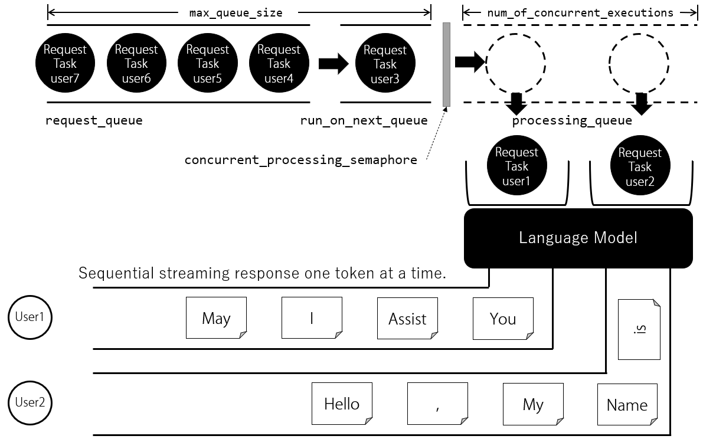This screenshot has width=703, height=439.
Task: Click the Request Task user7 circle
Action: click(x=65, y=63)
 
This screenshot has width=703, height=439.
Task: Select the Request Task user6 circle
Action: click(x=136, y=63)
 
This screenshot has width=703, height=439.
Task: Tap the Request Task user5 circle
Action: click(x=208, y=63)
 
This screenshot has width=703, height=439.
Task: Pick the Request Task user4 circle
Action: click(x=279, y=63)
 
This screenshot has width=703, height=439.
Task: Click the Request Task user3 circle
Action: click(x=385, y=63)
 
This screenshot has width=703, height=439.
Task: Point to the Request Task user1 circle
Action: click(x=516, y=166)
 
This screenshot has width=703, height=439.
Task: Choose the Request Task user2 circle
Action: click(x=640, y=166)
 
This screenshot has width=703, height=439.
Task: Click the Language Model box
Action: click(x=578, y=238)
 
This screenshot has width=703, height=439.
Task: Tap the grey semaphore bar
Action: click(x=446, y=64)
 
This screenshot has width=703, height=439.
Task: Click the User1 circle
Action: click(x=30, y=317)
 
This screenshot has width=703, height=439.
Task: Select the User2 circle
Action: click(x=30, y=403)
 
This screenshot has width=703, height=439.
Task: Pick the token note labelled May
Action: click(x=216, y=317)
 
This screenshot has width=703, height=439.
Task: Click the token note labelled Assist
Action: click(x=407, y=318)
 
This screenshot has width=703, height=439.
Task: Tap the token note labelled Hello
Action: click(x=342, y=403)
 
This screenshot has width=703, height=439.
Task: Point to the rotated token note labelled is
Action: click(x=639, y=329)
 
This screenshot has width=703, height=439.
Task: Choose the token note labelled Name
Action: click(x=627, y=404)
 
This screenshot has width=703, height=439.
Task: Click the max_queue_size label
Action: click(x=236, y=13)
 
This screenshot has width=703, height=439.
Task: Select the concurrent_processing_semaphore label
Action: click(x=301, y=160)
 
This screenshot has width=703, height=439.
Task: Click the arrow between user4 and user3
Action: click(x=333, y=64)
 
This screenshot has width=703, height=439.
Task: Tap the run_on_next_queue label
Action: click(x=364, y=120)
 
